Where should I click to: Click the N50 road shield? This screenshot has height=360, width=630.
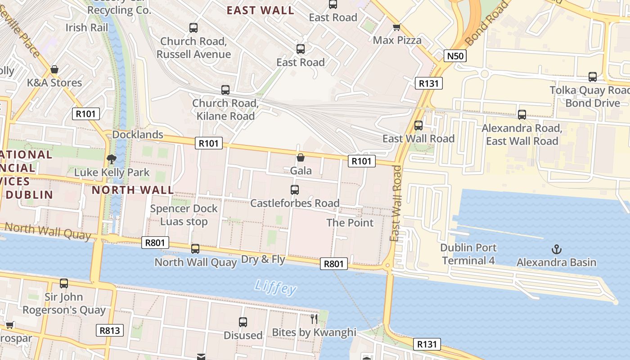pos(455,56)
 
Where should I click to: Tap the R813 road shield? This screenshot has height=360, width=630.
pos(110,331)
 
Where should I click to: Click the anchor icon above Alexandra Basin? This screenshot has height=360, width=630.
pos(557,249)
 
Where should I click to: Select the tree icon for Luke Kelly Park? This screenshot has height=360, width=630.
pos(111,159)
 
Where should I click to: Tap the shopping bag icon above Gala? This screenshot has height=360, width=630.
pos(301,157)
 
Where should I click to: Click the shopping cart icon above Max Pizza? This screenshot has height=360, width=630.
pos(396,27)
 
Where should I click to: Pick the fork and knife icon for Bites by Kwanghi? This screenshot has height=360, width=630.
pos(314,319)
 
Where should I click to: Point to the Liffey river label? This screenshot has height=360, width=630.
pos(275,287)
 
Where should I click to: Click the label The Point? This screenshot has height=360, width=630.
pos(350,223)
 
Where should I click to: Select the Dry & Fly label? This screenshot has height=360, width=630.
pos(263,259)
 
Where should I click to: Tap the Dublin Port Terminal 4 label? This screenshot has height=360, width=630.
pos(468,254)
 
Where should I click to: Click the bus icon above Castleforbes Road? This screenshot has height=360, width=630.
pos(295,189)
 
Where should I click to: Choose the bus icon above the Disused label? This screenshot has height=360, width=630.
pos(243,322)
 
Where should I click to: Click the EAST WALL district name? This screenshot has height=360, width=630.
pos(260,10)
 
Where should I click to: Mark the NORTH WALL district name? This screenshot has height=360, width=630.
pos(133,190)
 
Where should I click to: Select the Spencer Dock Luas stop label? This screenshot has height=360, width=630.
pos(184,215)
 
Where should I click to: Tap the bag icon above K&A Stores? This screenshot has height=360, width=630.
pos(54,70)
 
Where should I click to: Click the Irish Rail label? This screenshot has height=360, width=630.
pos(87,27)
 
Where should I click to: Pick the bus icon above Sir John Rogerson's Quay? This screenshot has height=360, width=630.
pos(64,283)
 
